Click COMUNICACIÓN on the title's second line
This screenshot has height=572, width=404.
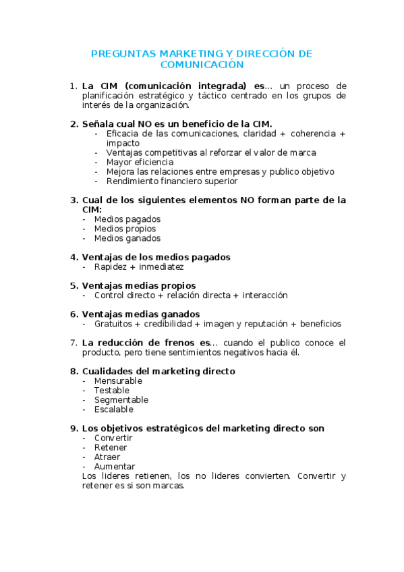(202, 65)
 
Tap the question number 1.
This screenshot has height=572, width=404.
(74, 86)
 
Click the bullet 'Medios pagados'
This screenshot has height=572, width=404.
(127, 219)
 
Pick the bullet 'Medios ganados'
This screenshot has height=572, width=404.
(127, 238)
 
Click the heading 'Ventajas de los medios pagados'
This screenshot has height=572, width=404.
(156, 257)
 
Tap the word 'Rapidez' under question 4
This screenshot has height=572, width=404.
(111, 267)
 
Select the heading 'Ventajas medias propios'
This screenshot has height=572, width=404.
(138, 285)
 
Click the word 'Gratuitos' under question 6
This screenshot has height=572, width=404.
(114, 324)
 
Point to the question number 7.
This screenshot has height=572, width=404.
(74, 343)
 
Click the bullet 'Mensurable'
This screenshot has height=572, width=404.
(118, 381)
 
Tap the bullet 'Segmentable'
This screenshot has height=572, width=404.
(121, 400)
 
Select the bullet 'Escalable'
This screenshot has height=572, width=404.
(113, 409)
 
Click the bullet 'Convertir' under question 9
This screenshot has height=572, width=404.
(113, 438)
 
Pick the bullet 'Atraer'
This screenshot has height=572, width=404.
(107, 457)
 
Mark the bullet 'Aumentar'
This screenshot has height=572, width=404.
(114, 466)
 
